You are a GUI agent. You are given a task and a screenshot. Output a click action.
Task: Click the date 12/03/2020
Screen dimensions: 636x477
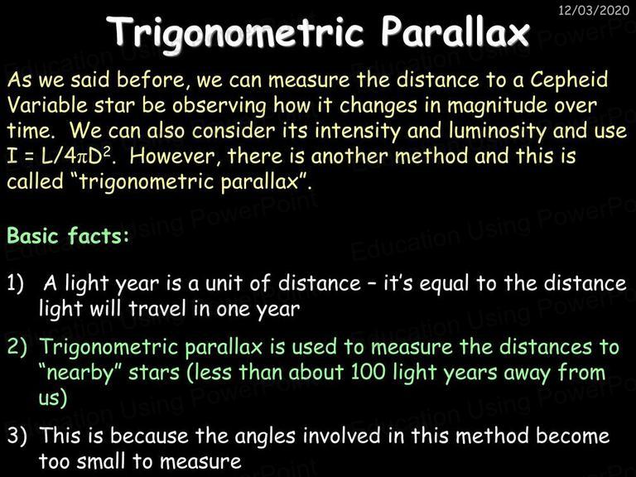(594, 10)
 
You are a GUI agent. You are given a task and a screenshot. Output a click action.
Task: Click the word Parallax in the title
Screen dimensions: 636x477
(455, 31)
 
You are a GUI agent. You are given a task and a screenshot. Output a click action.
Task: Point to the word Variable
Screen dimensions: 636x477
(47, 105)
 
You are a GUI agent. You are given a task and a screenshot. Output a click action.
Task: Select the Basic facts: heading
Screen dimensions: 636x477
(68, 235)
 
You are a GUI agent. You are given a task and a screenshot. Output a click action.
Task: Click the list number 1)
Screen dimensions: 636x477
(16, 283)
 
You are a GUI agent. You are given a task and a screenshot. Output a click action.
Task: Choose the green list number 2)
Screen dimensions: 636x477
(17, 347)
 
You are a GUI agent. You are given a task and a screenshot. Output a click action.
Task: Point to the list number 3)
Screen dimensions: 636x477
(17, 436)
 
